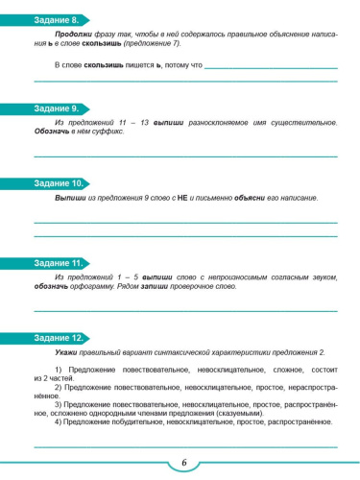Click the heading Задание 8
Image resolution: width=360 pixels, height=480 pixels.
(55, 20)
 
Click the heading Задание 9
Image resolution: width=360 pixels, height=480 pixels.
(55, 108)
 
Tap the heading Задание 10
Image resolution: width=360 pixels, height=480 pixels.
(57, 182)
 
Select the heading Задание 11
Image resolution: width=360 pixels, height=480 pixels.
(57, 261)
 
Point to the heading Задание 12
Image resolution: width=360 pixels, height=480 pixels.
(57, 340)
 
